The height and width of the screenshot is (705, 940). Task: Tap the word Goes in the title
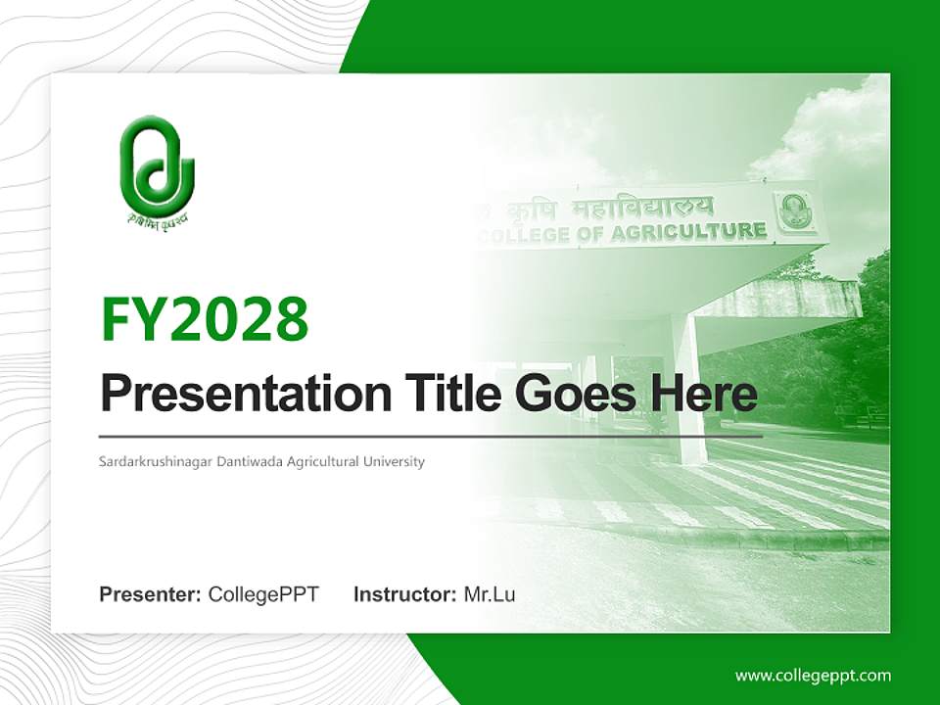tap(573, 394)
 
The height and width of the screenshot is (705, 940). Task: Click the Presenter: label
tap(151, 594)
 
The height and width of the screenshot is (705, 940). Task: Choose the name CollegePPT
tap(263, 594)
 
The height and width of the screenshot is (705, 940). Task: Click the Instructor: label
tap(404, 594)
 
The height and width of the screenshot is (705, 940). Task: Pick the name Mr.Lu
tap(490, 594)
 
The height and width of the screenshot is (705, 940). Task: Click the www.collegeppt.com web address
tap(813, 675)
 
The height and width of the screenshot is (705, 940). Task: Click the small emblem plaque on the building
tap(794, 212)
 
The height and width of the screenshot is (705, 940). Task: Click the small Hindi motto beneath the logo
tap(157, 218)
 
